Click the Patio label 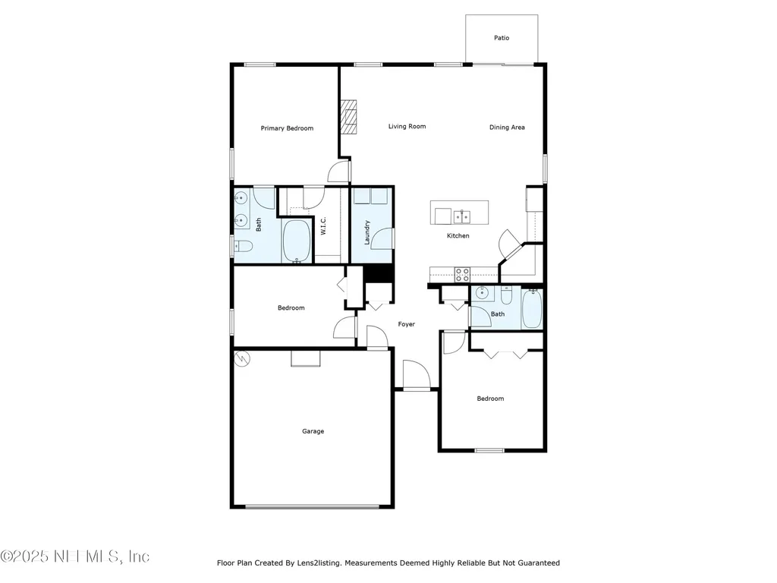[x=502, y=38]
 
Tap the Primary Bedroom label [x=287, y=128]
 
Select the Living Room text [x=407, y=127]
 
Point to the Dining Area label [x=507, y=128]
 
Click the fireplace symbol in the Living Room [x=348, y=118]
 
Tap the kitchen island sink [x=461, y=217]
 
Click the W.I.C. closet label [x=323, y=226]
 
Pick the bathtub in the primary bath [x=297, y=241]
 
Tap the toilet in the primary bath [x=243, y=245]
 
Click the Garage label [x=313, y=431]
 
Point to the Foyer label [x=407, y=324]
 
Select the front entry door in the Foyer [x=416, y=377]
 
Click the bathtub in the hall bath [x=532, y=309]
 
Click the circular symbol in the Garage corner [x=241, y=358]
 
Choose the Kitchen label [x=458, y=236]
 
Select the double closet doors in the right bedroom [x=505, y=353]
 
